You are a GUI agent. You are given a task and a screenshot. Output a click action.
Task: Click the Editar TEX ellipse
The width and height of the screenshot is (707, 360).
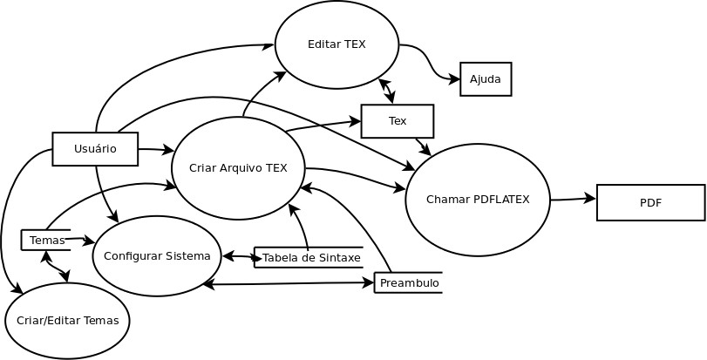[337, 44]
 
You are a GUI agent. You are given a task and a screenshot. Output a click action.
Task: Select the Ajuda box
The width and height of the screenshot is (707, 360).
[486, 79]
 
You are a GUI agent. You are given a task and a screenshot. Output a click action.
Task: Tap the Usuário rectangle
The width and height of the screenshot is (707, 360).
[95, 149]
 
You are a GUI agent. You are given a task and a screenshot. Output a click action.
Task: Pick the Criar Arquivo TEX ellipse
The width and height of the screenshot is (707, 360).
[238, 168]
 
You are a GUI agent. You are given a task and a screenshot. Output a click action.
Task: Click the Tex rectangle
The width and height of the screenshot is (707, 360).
[398, 121]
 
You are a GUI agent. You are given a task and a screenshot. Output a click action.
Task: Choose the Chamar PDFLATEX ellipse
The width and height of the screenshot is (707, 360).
[478, 200]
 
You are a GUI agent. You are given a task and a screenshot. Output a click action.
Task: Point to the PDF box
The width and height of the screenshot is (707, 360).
[650, 202]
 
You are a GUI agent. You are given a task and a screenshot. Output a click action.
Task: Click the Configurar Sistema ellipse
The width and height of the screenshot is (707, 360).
[157, 255]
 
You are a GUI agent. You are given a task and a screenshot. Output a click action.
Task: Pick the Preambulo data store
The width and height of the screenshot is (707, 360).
[409, 282]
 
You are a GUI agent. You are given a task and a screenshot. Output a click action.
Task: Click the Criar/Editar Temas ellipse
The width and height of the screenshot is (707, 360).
[67, 320]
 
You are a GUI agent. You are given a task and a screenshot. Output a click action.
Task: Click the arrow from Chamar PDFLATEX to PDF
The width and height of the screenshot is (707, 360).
[573, 199]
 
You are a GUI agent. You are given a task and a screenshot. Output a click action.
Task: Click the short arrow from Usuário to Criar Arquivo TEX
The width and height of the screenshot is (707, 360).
[155, 150]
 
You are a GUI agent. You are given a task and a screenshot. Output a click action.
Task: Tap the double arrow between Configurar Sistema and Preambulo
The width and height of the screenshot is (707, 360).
[288, 283]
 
